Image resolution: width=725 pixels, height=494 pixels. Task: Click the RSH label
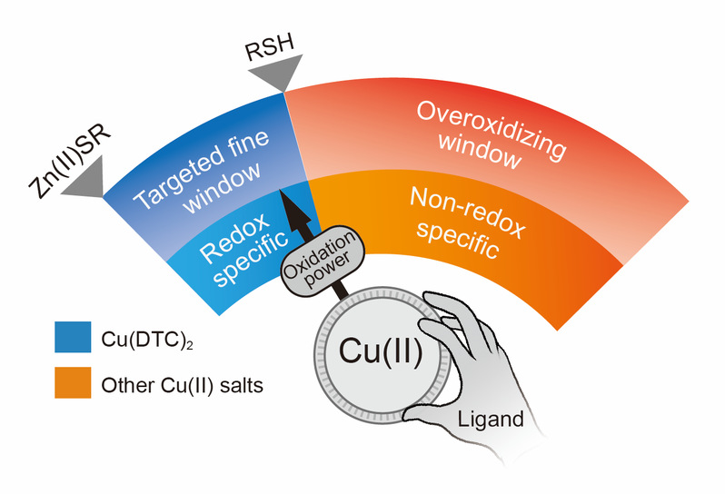point(270,47)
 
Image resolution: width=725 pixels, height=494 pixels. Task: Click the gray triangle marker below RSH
point(276,71)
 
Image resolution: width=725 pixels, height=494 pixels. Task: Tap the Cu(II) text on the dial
point(381,351)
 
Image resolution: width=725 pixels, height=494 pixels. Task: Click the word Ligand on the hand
point(491,420)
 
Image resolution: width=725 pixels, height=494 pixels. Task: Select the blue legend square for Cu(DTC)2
point(73,337)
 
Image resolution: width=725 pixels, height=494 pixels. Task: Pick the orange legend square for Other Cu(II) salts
point(73,382)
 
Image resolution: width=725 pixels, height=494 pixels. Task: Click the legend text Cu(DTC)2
point(147,340)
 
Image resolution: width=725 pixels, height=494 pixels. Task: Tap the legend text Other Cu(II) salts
point(183,385)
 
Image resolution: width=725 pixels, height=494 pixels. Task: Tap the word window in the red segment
point(480,150)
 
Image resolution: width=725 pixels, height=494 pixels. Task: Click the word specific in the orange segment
point(457,240)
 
